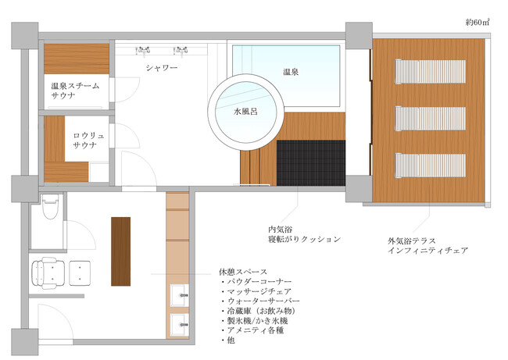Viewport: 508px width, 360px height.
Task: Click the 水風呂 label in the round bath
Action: pos(245,112)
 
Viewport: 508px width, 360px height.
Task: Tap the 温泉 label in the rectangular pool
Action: pos(291,72)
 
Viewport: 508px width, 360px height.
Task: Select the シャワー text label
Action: pos(162,68)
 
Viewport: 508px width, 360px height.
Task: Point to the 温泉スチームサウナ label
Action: pos(75,91)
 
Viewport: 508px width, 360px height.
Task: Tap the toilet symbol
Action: pos(50,205)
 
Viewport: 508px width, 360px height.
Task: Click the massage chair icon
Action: pos(48,273)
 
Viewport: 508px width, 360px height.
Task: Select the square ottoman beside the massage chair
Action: pos(80,273)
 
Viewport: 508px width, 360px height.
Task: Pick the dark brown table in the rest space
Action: pos(121,251)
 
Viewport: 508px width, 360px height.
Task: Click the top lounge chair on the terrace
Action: pos(430,72)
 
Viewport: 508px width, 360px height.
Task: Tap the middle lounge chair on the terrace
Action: pos(430,119)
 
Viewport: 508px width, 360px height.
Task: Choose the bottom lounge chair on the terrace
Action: pos(430,165)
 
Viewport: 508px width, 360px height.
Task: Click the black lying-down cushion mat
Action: pos(311,163)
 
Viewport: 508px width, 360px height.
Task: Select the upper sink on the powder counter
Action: pos(179,295)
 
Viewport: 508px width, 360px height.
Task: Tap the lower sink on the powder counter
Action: pos(179,325)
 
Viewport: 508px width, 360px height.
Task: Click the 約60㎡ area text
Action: pos(478,23)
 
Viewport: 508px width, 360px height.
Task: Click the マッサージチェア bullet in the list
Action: pos(256,291)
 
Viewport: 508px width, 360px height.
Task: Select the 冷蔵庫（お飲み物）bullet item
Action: pos(259,311)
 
